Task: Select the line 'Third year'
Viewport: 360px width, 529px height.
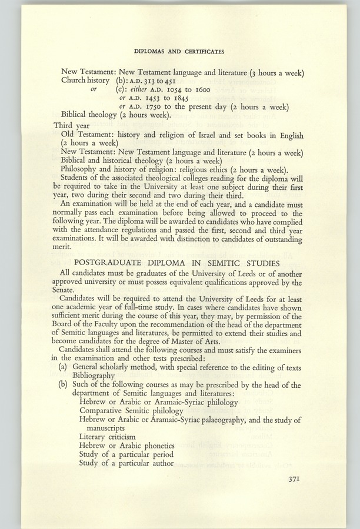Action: click(74, 126)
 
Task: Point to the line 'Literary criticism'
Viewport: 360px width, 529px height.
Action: click(107, 437)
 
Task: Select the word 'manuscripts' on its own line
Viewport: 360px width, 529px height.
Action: click(104, 428)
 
